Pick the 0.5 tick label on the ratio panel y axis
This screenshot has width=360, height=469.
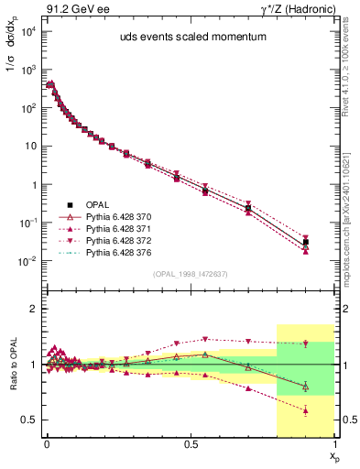tap(28, 420)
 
